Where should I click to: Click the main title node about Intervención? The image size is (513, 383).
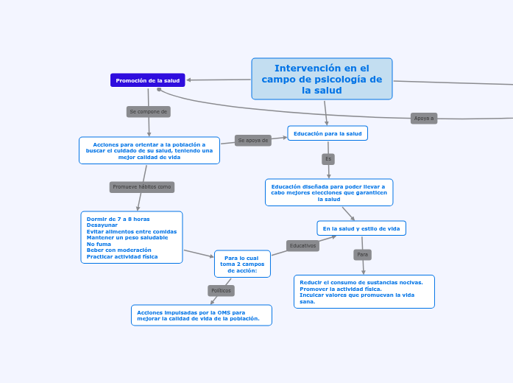tap(322, 79)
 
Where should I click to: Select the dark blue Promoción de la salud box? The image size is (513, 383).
tap(148, 80)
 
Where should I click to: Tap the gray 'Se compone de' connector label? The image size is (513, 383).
tap(149, 112)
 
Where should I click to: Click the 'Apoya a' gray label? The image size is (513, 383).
tap(424, 118)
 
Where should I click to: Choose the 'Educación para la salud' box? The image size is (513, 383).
tap(328, 133)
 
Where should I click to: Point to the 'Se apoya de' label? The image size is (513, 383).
tap(253, 140)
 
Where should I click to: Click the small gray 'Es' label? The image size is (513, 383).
tap(328, 159)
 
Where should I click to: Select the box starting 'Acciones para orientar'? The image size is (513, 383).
tap(149, 150)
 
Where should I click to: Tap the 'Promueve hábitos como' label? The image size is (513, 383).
tap(142, 187)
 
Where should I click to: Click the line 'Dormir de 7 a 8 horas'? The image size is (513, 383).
tap(118, 219)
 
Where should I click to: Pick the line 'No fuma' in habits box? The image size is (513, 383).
tap(99, 244)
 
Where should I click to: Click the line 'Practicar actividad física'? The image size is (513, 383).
tap(122, 256)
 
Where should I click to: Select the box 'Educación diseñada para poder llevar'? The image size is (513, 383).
tap(329, 192)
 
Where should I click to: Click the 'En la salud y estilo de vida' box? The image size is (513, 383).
tap(361, 228)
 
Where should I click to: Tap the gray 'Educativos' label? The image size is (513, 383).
tap(303, 246)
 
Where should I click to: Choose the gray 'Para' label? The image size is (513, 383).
tap(362, 255)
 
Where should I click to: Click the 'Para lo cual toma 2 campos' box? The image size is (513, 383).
tap(242, 264)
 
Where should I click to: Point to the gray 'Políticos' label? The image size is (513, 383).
tap(221, 291)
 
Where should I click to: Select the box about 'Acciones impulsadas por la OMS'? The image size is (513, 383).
tap(201, 315)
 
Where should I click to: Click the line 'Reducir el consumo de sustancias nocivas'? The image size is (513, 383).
tap(361, 282)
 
